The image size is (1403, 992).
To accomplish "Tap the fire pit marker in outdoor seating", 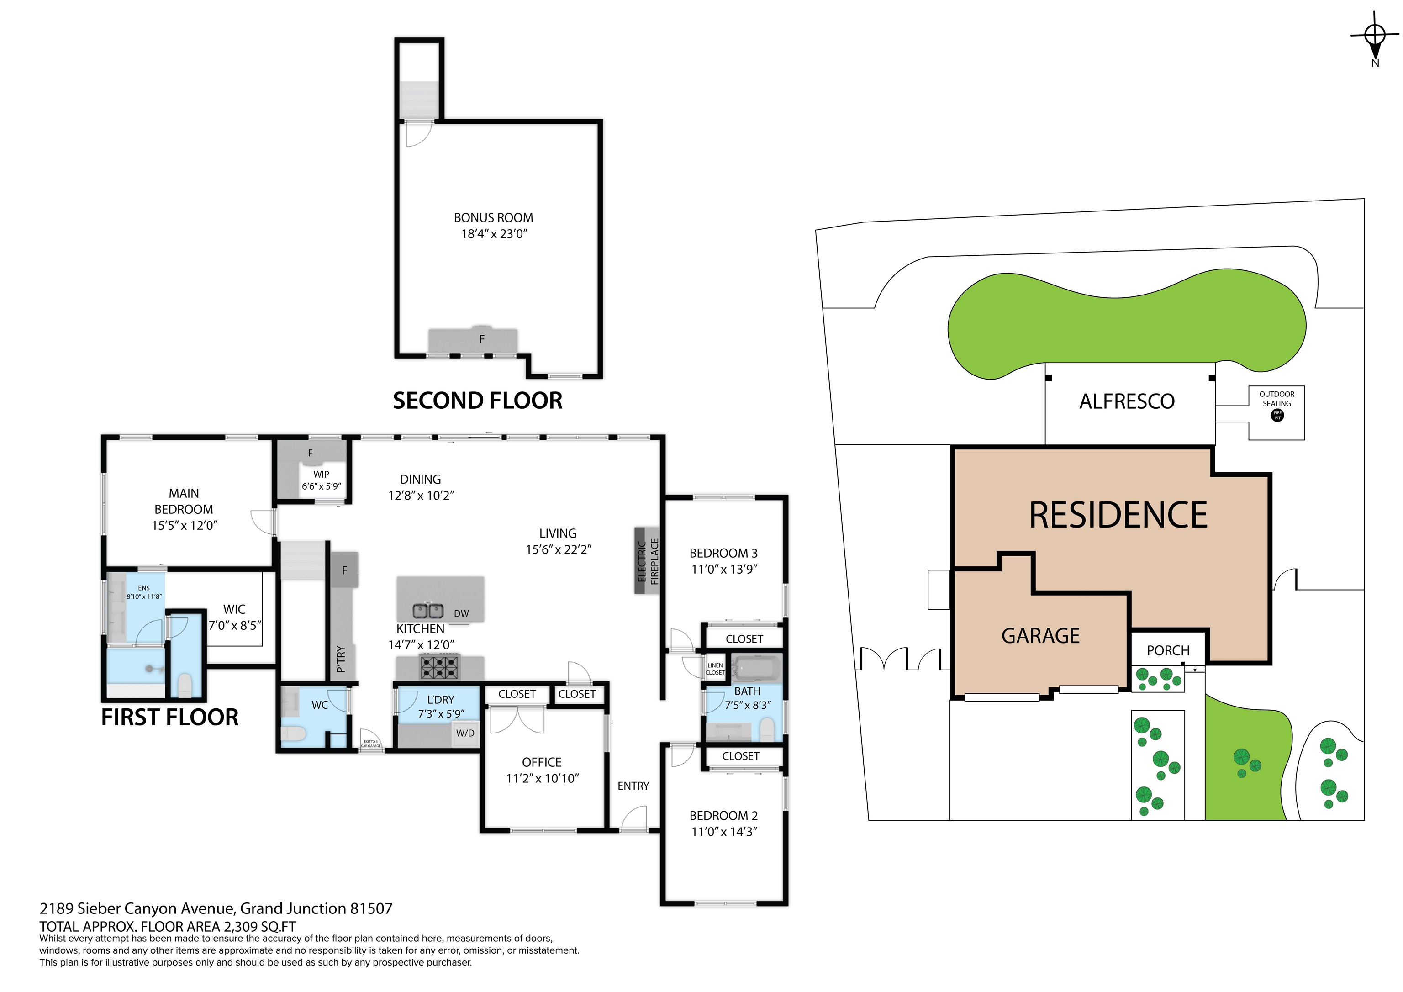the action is tap(1277, 415).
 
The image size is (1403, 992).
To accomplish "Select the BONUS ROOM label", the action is tap(493, 217).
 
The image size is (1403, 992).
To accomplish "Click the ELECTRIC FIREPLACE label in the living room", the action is tap(648, 561).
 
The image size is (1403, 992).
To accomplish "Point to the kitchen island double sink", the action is tap(428, 610).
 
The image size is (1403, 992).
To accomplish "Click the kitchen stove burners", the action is tap(439, 666).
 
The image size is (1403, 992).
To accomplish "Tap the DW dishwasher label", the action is tap(461, 614).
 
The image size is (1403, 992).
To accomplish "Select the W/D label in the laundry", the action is tap(465, 733).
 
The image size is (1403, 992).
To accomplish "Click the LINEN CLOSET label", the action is tap(715, 669).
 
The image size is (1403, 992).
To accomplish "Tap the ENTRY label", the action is tap(633, 786).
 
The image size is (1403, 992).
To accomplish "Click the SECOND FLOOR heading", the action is tap(477, 401).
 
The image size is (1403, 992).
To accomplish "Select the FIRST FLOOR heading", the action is tap(170, 718).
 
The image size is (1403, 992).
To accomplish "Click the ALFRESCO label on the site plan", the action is tap(1127, 401).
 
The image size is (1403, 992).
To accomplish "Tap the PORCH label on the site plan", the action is tap(1168, 650).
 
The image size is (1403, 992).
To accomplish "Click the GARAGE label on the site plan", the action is tap(1040, 636).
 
